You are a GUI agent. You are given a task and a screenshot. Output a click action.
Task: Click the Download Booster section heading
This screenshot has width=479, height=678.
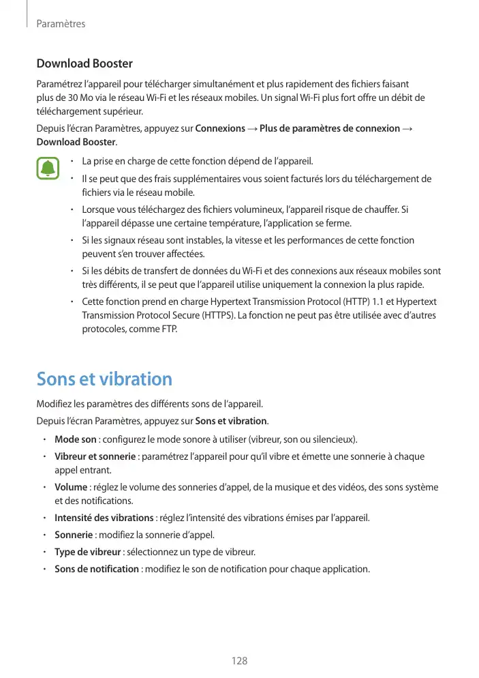[x=84, y=64]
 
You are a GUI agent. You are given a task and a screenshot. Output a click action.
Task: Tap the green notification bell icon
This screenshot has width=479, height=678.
[x=47, y=168]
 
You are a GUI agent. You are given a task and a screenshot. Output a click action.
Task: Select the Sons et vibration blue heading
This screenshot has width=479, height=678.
[x=104, y=379]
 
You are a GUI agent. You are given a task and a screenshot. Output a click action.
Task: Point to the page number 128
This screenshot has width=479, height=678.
[x=239, y=661]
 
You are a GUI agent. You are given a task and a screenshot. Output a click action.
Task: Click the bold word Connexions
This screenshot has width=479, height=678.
[x=220, y=129]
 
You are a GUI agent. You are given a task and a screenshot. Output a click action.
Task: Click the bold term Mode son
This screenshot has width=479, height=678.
[x=75, y=439]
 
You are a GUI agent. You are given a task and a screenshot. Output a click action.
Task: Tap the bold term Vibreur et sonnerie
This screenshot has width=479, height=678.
[x=95, y=456]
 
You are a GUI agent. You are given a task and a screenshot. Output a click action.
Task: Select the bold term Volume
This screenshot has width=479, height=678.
[x=71, y=487]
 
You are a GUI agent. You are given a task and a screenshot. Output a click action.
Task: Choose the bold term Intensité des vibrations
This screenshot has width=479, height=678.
[x=104, y=518]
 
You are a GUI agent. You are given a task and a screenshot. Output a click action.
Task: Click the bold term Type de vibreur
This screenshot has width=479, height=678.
[x=87, y=552]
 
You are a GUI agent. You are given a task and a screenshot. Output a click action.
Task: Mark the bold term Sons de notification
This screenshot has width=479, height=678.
[x=96, y=569]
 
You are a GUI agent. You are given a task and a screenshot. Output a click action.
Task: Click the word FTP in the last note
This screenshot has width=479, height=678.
[x=167, y=330]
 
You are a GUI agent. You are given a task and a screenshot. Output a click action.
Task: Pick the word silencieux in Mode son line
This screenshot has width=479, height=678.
[x=330, y=439]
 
